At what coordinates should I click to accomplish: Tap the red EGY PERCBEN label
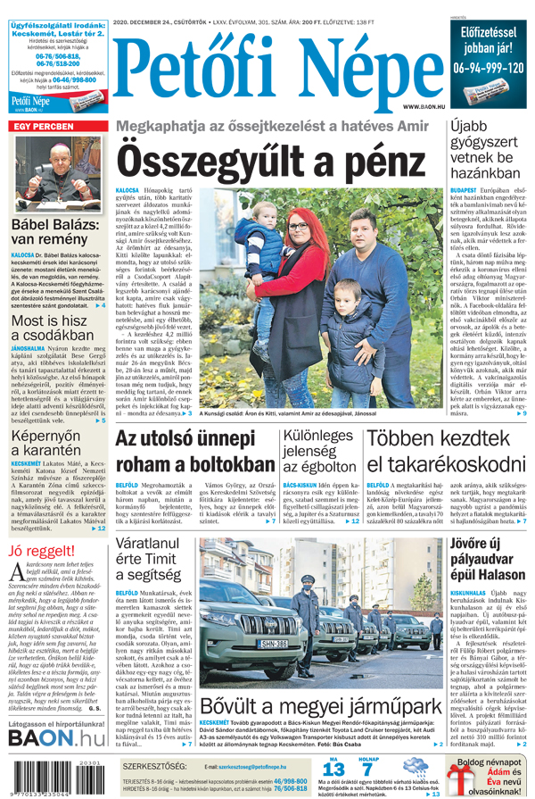pos(42,128)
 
